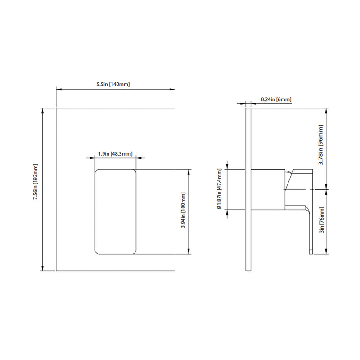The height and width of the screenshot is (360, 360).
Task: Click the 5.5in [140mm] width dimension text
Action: pyautogui.click(x=115, y=85)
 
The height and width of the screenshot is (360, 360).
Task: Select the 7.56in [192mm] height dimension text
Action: pyautogui.click(x=36, y=189)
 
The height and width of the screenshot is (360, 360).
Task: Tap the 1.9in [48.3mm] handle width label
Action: pyautogui.click(x=115, y=154)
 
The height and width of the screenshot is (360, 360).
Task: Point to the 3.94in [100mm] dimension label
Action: pyautogui.click(x=183, y=211)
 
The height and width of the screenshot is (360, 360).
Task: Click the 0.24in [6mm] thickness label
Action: pyautogui.click(x=276, y=99)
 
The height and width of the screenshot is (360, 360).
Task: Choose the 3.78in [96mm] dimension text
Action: pyautogui.click(x=321, y=146)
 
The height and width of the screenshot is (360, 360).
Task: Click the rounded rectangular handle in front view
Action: pyautogui.click(x=116, y=211)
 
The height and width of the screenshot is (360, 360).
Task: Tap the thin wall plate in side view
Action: pyautogui.click(x=248, y=189)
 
